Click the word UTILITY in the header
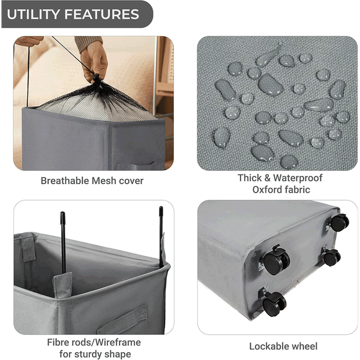[x=34, y=14]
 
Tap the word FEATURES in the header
[x=102, y=14]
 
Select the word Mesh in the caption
[x=104, y=181]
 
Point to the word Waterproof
[x=298, y=178]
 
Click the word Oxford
[x=267, y=190]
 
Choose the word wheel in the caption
[x=303, y=346]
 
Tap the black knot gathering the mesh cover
[x=97, y=78]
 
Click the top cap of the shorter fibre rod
[x=62, y=218]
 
